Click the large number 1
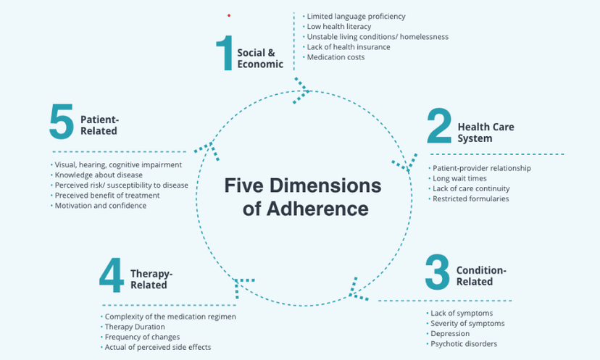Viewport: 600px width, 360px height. click(x=224, y=53)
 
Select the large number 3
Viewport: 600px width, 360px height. click(x=437, y=271)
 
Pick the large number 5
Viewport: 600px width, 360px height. click(x=62, y=121)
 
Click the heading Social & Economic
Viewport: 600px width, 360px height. click(x=260, y=58)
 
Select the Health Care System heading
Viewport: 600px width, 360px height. click(x=486, y=133)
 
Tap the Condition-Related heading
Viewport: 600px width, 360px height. click(x=481, y=276)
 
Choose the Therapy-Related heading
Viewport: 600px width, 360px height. click(x=151, y=279)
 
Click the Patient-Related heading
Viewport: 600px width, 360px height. click(x=99, y=126)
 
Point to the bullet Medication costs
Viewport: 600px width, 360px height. click(x=336, y=57)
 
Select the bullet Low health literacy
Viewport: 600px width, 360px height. click(x=338, y=26)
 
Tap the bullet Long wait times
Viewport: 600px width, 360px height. click(x=459, y=178)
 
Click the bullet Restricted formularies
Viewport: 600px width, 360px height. click(x=470, y=198)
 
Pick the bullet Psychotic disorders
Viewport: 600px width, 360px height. click(x=464, y=343)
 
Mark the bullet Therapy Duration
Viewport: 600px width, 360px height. click(x=135, y=327)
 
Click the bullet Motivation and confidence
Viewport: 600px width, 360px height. click(x=101, y=205)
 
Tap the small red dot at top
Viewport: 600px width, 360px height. click(x=229, y=15)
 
